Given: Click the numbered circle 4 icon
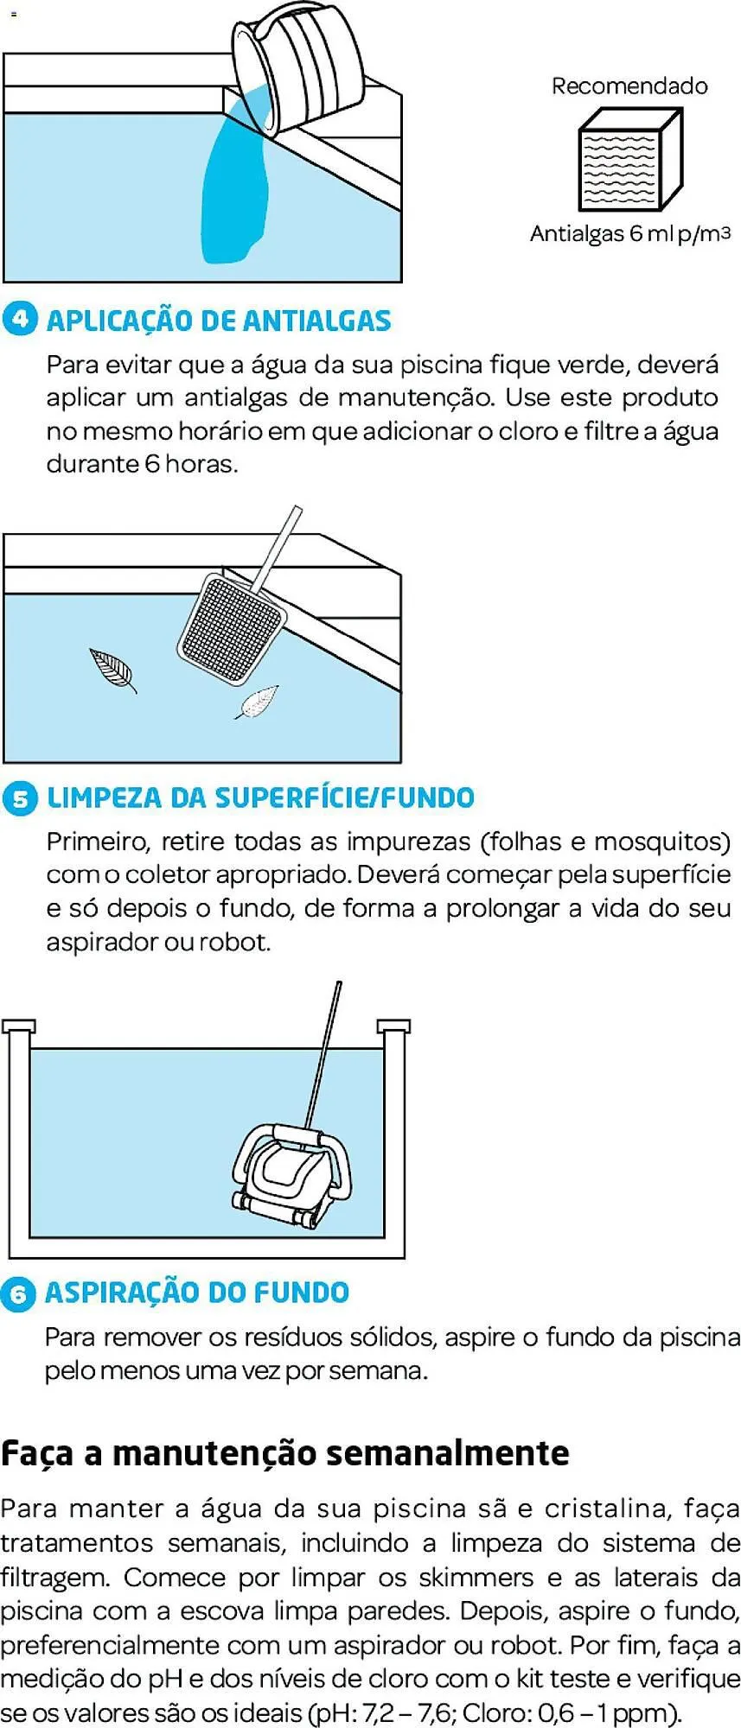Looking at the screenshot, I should [20, 319].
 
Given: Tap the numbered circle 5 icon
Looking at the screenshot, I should [20, 798].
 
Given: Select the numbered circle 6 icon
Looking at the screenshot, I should [18, 1293].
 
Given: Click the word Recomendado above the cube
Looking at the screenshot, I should [629, 86].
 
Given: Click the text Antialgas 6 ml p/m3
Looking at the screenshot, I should [629, 233].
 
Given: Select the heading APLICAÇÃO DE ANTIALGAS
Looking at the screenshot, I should [219, 321].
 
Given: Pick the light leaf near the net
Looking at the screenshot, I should [259, 702].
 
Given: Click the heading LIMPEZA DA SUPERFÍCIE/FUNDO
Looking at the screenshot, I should [260, 797].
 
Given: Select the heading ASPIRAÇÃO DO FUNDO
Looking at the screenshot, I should [197, 1293].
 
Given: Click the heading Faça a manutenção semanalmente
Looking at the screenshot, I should [284, 1453].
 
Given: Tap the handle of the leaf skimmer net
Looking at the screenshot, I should [282, 542].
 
